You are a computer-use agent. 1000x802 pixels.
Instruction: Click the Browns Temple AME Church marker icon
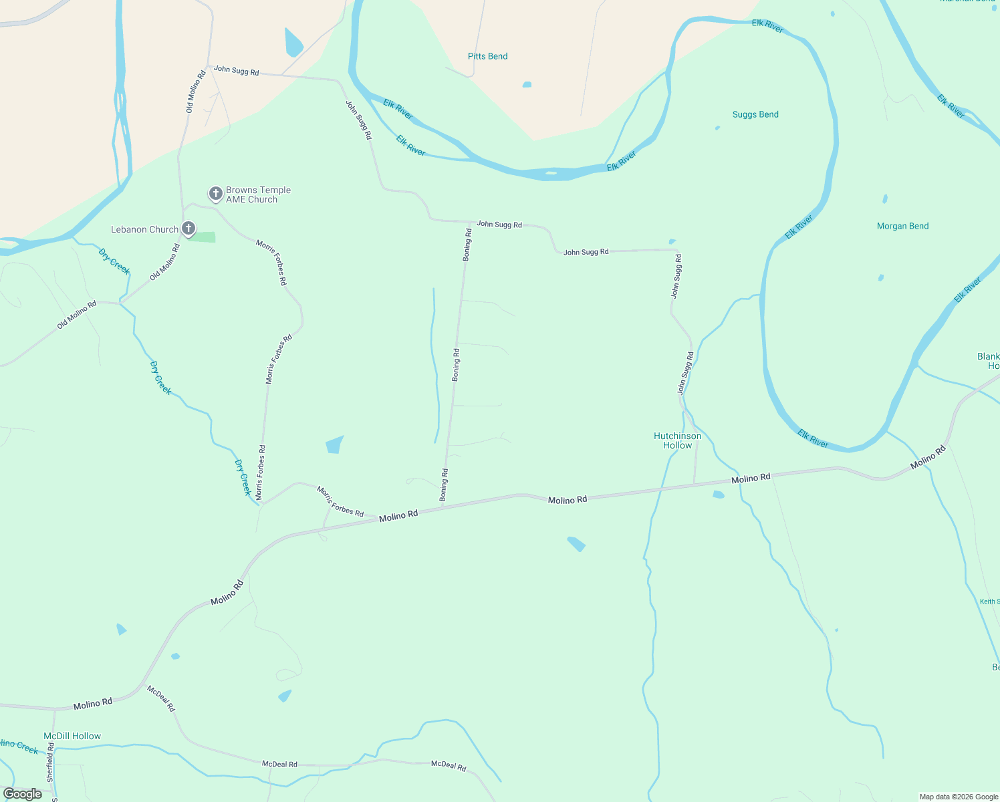[x=215, y=194]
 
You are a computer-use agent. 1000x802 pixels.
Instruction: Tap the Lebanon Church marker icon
[x=189, y=229]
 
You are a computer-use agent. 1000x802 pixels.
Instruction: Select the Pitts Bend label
[x=487, y=56]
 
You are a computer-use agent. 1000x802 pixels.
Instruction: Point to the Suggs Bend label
[x=755, y=114]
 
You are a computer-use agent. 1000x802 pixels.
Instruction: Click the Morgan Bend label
[x=902, y=226]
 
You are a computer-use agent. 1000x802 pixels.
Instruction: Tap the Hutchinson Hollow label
[x=677, y=440]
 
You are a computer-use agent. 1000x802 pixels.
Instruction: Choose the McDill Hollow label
[x=72, y=736]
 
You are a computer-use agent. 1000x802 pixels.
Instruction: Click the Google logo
[x=22, y=794]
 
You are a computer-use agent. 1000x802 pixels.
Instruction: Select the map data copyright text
[x=959, y=797]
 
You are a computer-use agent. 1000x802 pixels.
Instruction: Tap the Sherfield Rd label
[x=50, y=762]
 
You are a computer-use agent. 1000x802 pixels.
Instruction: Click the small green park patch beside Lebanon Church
[x=202, y=237]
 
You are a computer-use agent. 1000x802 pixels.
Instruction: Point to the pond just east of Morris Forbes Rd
[x=334, y=444]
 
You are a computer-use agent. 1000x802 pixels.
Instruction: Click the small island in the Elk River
[x=551, y=173]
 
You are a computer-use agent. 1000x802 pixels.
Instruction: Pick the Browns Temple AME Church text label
[x=258, y=194]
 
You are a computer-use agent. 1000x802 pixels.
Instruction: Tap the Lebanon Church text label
[x=144, y=229]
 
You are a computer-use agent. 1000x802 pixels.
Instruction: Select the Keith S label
[x=989, y=601]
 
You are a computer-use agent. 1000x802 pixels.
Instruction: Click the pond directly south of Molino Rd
[x=576, y=543]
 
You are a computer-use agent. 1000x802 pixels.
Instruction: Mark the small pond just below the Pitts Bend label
[x=527, y=85]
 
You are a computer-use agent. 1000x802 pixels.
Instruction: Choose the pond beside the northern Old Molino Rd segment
[x=293, y=43]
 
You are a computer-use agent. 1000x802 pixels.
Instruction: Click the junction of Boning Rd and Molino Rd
[x=442, y=506]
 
